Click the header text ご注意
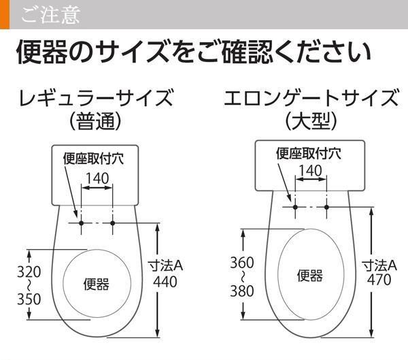coord(51,15)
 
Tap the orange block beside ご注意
coord(5,14)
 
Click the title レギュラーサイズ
coord(97,98)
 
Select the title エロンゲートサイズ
coord(311,98)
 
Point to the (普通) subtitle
coord(95,121)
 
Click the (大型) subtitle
coord(311,121)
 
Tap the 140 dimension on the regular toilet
coord(97,179)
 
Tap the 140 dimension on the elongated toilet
coord(311,171)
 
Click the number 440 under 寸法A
coord(165,282)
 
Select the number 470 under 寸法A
coord(379,280)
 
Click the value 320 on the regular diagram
coord(29,272)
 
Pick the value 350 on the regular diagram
coord(29,299)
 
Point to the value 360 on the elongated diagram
coord(242,263)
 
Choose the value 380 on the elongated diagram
coord(242,291)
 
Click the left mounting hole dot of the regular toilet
coord(81,223)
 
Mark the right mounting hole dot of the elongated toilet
coord(326,207)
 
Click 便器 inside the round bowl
coord(97,284)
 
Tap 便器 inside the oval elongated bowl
coord(310,276)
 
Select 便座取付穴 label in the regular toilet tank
coord(94,159)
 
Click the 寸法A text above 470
coord(379,265)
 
